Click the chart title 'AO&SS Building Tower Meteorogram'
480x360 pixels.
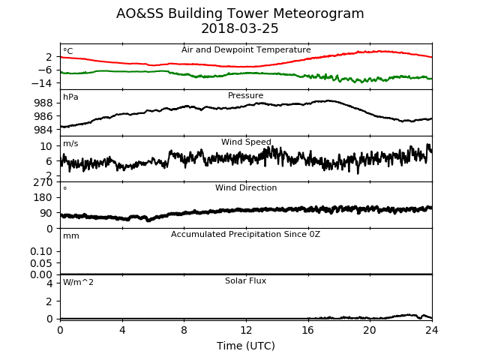240,13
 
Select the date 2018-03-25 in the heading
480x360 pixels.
240,28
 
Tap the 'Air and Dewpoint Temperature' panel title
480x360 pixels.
246,50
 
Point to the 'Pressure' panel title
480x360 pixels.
245,95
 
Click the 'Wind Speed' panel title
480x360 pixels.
246,142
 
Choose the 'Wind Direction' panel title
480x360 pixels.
246,187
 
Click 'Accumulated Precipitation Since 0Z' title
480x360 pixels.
245,235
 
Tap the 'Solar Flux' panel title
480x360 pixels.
245,280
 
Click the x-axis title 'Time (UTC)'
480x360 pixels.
246,346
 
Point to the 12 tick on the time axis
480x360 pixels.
246,330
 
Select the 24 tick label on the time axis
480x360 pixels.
432,330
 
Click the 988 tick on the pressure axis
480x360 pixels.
43,103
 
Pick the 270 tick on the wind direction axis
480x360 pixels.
43,182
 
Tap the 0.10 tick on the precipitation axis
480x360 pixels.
41,252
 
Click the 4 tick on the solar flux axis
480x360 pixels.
49,283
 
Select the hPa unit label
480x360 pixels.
70,97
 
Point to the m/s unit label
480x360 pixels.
70,143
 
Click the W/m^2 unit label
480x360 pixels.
78,282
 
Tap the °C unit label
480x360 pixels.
68,51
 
